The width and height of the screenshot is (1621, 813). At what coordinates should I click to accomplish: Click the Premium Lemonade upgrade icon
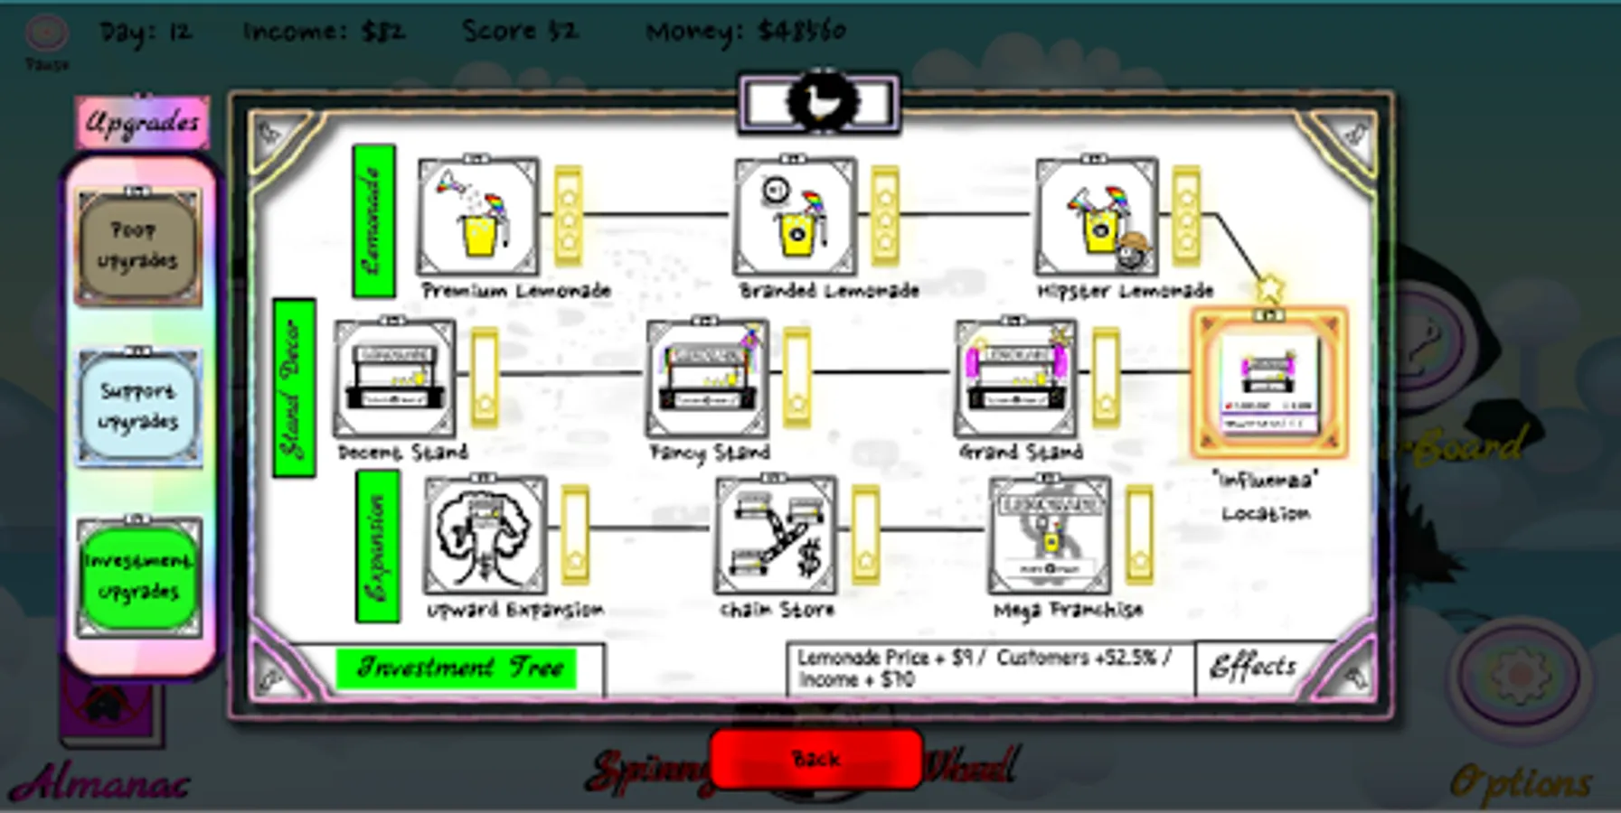tap(477, 217)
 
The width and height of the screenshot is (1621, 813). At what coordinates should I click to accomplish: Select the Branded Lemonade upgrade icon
tap(795, 217)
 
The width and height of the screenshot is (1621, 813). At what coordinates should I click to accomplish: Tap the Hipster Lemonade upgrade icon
tap(1096, 217)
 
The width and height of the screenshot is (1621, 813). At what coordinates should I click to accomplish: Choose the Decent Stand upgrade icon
tap(394, 378)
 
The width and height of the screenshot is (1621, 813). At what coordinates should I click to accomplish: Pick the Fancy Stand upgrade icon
tap(707, 378)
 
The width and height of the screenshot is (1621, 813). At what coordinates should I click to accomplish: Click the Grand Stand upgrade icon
tap(1016, 378)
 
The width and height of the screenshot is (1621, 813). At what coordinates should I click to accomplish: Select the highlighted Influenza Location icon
tap(1268, 383)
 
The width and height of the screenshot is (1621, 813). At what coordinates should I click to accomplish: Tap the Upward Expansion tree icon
tap(485, 535)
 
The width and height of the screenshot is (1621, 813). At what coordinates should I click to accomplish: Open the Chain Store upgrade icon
tap(776, 535)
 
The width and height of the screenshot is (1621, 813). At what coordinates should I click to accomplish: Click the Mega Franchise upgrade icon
tap(1050, 535)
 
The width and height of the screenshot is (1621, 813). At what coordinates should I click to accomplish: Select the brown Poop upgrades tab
tap(137, 246)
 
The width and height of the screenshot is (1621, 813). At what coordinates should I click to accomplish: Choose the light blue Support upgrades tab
tap(137, 406)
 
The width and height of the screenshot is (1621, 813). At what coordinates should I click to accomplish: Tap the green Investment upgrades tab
tap(137, 576)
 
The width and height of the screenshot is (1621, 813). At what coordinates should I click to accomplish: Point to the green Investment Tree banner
tap(457, 668)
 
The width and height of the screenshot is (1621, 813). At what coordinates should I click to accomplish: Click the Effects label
tap(1253, 668)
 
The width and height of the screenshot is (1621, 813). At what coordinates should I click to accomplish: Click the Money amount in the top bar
tap(746, 32)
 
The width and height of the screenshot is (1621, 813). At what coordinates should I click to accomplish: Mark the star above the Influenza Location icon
tap(1269, 288)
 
